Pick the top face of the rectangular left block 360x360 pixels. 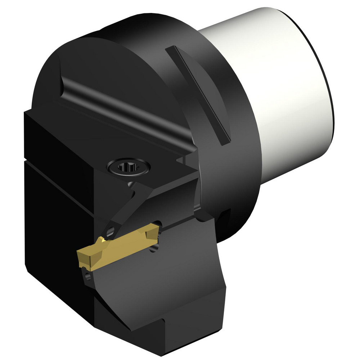(x=72, y=119)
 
